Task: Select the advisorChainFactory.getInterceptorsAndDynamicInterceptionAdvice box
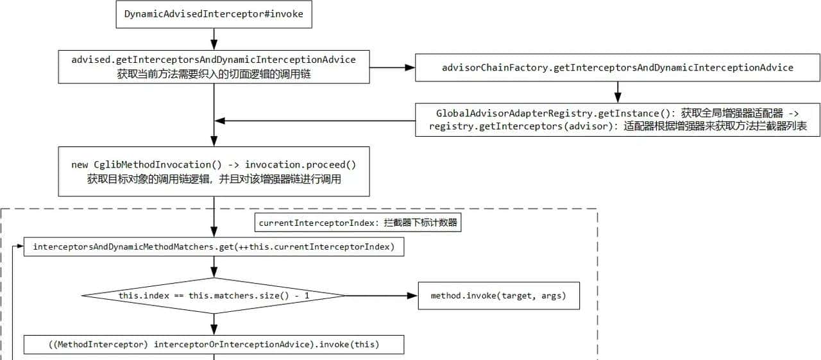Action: tap(618, 67)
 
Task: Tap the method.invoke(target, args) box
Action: tap(498, 296)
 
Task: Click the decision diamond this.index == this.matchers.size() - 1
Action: tap(214, 296)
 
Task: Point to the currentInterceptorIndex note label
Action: tap(359, 223)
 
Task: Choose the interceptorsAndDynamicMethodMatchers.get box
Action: tap(214, 247)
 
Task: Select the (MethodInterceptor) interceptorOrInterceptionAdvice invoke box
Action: tap(214, 345)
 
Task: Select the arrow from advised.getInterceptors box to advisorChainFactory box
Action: tap(392, 67)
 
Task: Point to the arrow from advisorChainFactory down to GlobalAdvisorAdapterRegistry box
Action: tap(618, 92)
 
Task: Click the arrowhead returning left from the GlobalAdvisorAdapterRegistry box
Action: tap(220, 120)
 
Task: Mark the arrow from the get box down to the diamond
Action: tap(214, 267)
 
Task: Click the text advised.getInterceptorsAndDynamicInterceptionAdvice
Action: tap(214, 60)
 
